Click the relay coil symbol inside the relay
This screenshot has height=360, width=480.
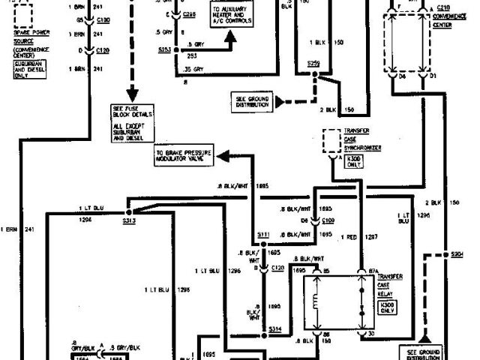(x=313, y=304)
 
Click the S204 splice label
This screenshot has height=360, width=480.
(x=447, y=254)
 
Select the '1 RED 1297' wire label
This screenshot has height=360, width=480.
(x=358, y=237)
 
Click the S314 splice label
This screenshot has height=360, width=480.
(x=275, y=328)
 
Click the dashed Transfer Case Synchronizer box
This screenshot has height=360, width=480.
(x=331, y=140)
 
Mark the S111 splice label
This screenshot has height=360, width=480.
(x=262, y=235)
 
